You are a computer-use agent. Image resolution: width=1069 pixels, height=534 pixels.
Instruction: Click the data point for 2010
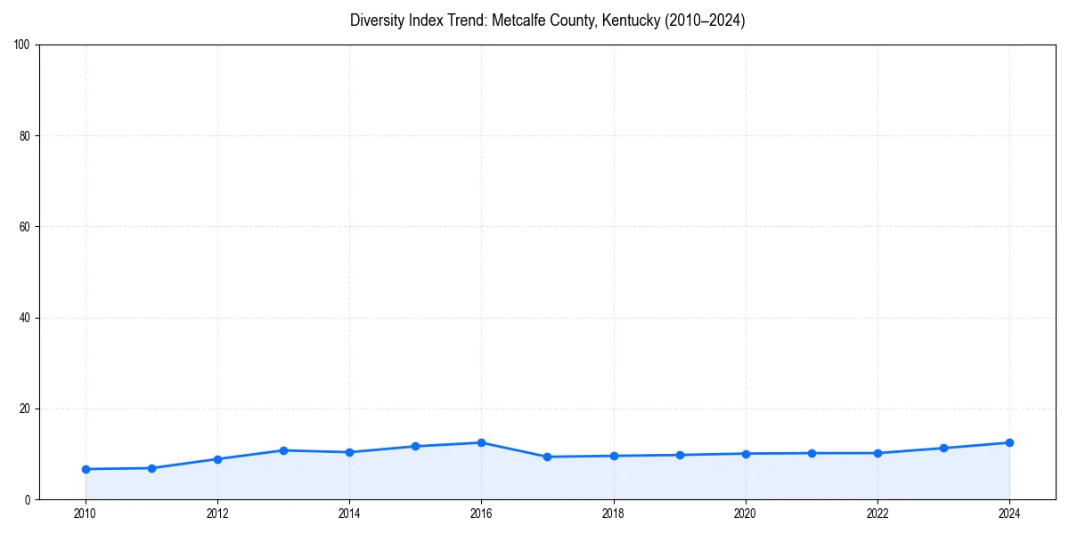pyautogui.click(x=86, y=469)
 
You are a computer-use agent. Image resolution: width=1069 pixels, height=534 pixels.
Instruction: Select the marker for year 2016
pyautogui.click(x=481, y=442)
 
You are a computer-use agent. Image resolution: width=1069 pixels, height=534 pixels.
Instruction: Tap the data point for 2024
pyautogui.click(x=1009, y=442)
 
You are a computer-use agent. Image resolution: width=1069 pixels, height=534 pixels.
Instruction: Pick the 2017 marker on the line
pyautogui.click(x=547, y=457)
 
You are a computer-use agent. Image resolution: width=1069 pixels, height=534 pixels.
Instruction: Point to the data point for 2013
pyautogui.click(x=283, y=450)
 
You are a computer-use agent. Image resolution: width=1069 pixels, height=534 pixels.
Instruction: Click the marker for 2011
pyautogui.click(x=151, y=468)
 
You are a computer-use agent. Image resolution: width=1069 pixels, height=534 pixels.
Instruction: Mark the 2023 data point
pyautogui.click(x=943, y=448)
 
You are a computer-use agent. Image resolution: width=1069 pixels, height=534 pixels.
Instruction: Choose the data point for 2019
pyautogui.click(x=680, y=455)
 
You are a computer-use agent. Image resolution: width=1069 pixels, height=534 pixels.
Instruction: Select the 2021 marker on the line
pyautogui.click(x=812, y=453)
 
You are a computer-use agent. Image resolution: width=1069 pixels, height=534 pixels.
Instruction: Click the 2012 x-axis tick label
pyautogui.click(x=217, y=514)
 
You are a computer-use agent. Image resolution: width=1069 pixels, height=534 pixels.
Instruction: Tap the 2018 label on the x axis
pyautogui.click(x=613, y=514)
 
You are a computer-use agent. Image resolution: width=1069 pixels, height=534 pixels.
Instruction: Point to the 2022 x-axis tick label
pyautogui.click(x=877, y=514)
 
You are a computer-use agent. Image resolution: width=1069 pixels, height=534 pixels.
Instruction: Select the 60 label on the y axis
pyautogui.click(x=25, y=227)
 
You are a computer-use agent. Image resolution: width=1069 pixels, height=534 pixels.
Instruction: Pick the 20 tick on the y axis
pyautogui.click(x=25, y=409)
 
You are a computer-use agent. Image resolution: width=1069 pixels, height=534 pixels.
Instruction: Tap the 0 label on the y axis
pyautogui.click(x=29, y=499)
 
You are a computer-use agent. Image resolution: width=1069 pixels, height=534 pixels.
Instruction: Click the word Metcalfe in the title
pyautogui.click(x=518, y=20)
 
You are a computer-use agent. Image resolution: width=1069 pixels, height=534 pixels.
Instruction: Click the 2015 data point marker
pyautogui.click(x=415, y=446)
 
